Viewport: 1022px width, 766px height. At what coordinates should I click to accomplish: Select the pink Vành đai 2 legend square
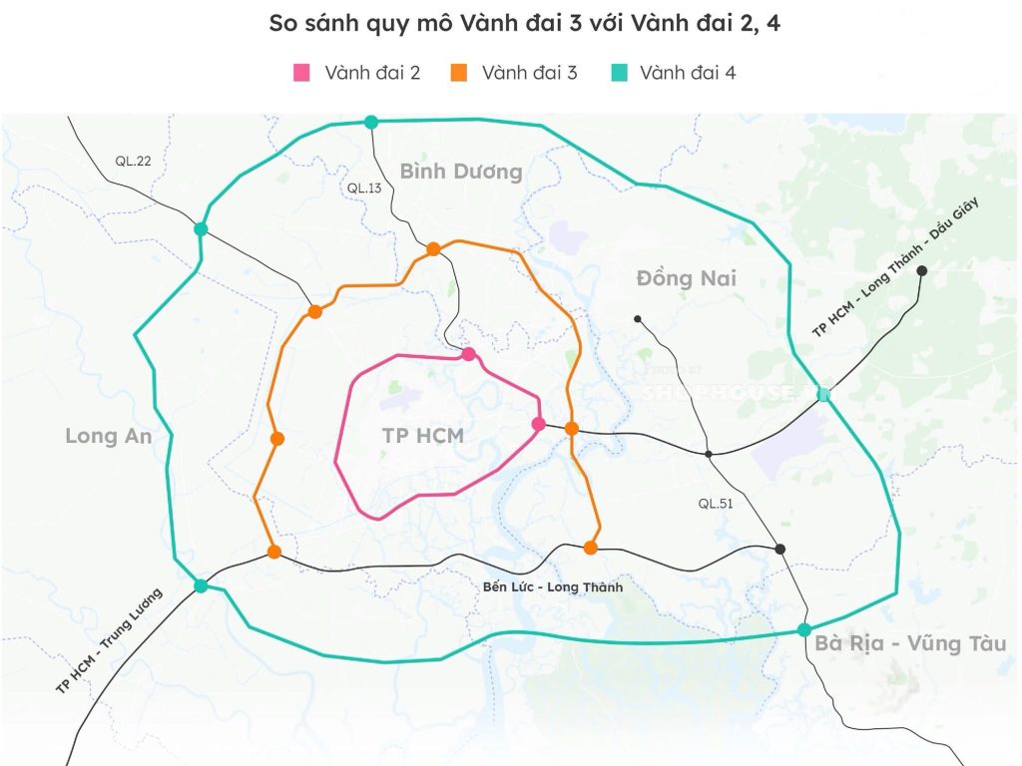(x=302, y=73)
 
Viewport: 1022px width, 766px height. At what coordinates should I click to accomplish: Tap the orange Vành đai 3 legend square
(x=459, y=73)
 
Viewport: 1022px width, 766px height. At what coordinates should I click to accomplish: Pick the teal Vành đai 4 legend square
(x=618, y=73)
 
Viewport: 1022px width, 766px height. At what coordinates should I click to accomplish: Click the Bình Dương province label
(x=461, y=172)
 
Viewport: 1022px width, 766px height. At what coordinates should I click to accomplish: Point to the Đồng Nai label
(x=686, y=278)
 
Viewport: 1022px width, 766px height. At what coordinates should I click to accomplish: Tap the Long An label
(x=108, y=436)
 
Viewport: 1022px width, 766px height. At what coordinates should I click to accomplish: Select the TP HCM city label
(x=423, y=435)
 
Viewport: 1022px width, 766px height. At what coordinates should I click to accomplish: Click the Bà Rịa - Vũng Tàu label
(x=910, y=643)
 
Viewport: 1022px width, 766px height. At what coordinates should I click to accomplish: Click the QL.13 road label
(x=364, y=188)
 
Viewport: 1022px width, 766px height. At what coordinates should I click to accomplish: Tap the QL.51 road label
(x=716, y=504)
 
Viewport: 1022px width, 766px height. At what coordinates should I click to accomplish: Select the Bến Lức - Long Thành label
(x=552, y=586)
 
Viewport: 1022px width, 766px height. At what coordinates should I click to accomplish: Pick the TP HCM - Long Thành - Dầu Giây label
(x=896, y=267)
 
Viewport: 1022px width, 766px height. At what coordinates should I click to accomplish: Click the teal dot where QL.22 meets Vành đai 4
(x=201, y=229)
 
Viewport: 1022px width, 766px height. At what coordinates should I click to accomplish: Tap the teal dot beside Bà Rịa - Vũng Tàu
(x=803, y=629)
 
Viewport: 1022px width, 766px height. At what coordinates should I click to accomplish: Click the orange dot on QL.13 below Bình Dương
(x=433, y=249)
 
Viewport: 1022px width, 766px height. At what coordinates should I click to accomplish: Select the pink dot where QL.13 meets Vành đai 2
(x=468, y=354)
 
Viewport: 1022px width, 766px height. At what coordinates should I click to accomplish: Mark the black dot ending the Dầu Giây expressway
(x=922, y=270)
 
